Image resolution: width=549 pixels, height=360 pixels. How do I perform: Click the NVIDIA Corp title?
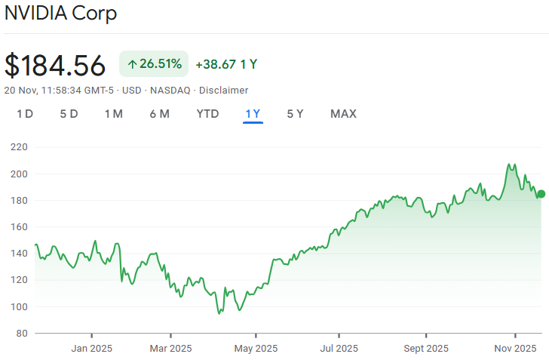61,14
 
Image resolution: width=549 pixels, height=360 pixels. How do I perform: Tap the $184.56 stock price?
55,65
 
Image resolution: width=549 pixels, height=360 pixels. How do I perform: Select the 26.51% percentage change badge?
154,64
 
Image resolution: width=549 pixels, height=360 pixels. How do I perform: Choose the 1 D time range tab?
25,114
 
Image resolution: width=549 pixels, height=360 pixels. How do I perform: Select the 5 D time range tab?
69,114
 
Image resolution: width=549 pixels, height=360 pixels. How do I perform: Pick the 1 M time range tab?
113,114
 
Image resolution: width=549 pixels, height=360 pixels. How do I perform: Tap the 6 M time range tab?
159,114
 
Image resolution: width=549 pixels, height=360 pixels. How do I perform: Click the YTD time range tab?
207,114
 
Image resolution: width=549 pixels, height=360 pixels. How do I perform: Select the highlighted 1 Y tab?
253,114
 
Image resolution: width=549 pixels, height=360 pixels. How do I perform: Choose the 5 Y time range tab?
295,114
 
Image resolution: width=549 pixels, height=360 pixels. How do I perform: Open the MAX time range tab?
343,114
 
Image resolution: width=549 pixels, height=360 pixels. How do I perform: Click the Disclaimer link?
223,90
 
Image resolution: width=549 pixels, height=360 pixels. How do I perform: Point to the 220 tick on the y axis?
20,147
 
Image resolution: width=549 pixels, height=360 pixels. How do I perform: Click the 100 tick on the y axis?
20,306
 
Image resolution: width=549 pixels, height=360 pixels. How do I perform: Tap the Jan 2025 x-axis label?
92,348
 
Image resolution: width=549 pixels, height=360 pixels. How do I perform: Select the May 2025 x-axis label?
256,348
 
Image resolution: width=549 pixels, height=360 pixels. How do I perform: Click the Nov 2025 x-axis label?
515,348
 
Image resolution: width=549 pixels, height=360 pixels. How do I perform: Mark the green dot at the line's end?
541,194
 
